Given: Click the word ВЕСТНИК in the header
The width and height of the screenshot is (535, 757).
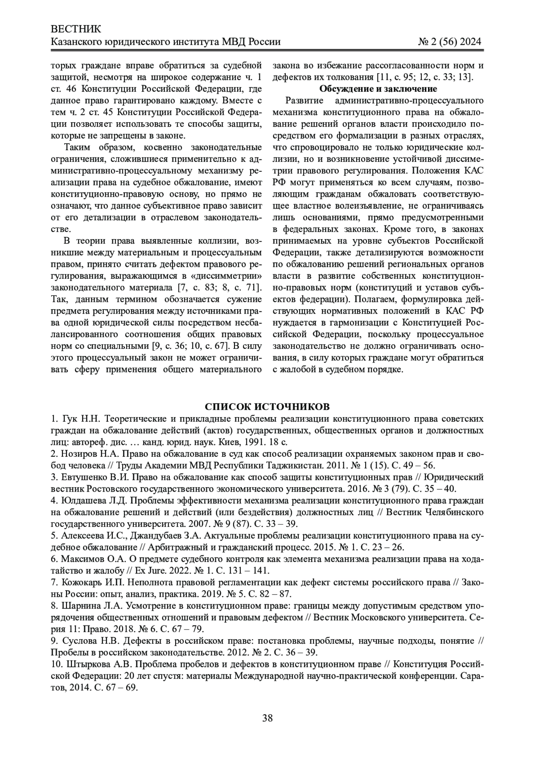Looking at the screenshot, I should point(76,29).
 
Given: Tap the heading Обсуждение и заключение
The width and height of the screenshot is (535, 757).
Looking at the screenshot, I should point(378,88).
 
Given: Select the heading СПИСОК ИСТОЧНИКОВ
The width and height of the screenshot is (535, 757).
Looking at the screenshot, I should point(267,407).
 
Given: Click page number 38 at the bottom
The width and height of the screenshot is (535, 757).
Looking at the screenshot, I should point(267,718).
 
